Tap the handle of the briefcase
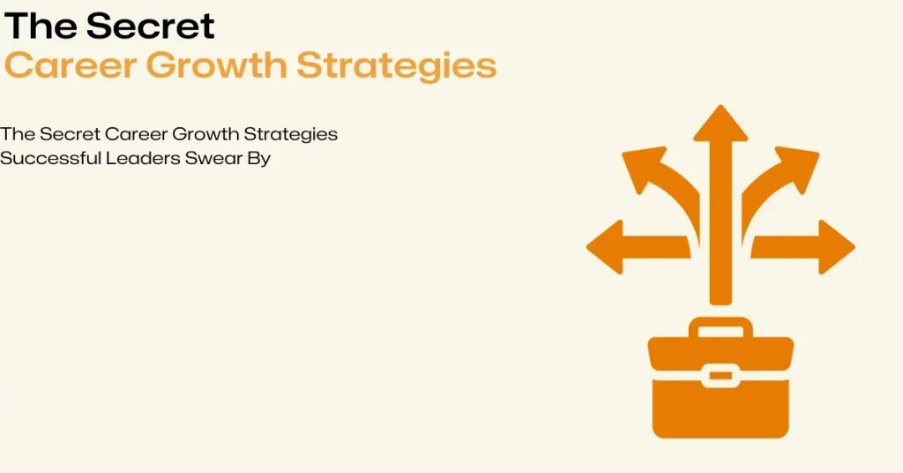coord(720,327)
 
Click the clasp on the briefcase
coord(720,375)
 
